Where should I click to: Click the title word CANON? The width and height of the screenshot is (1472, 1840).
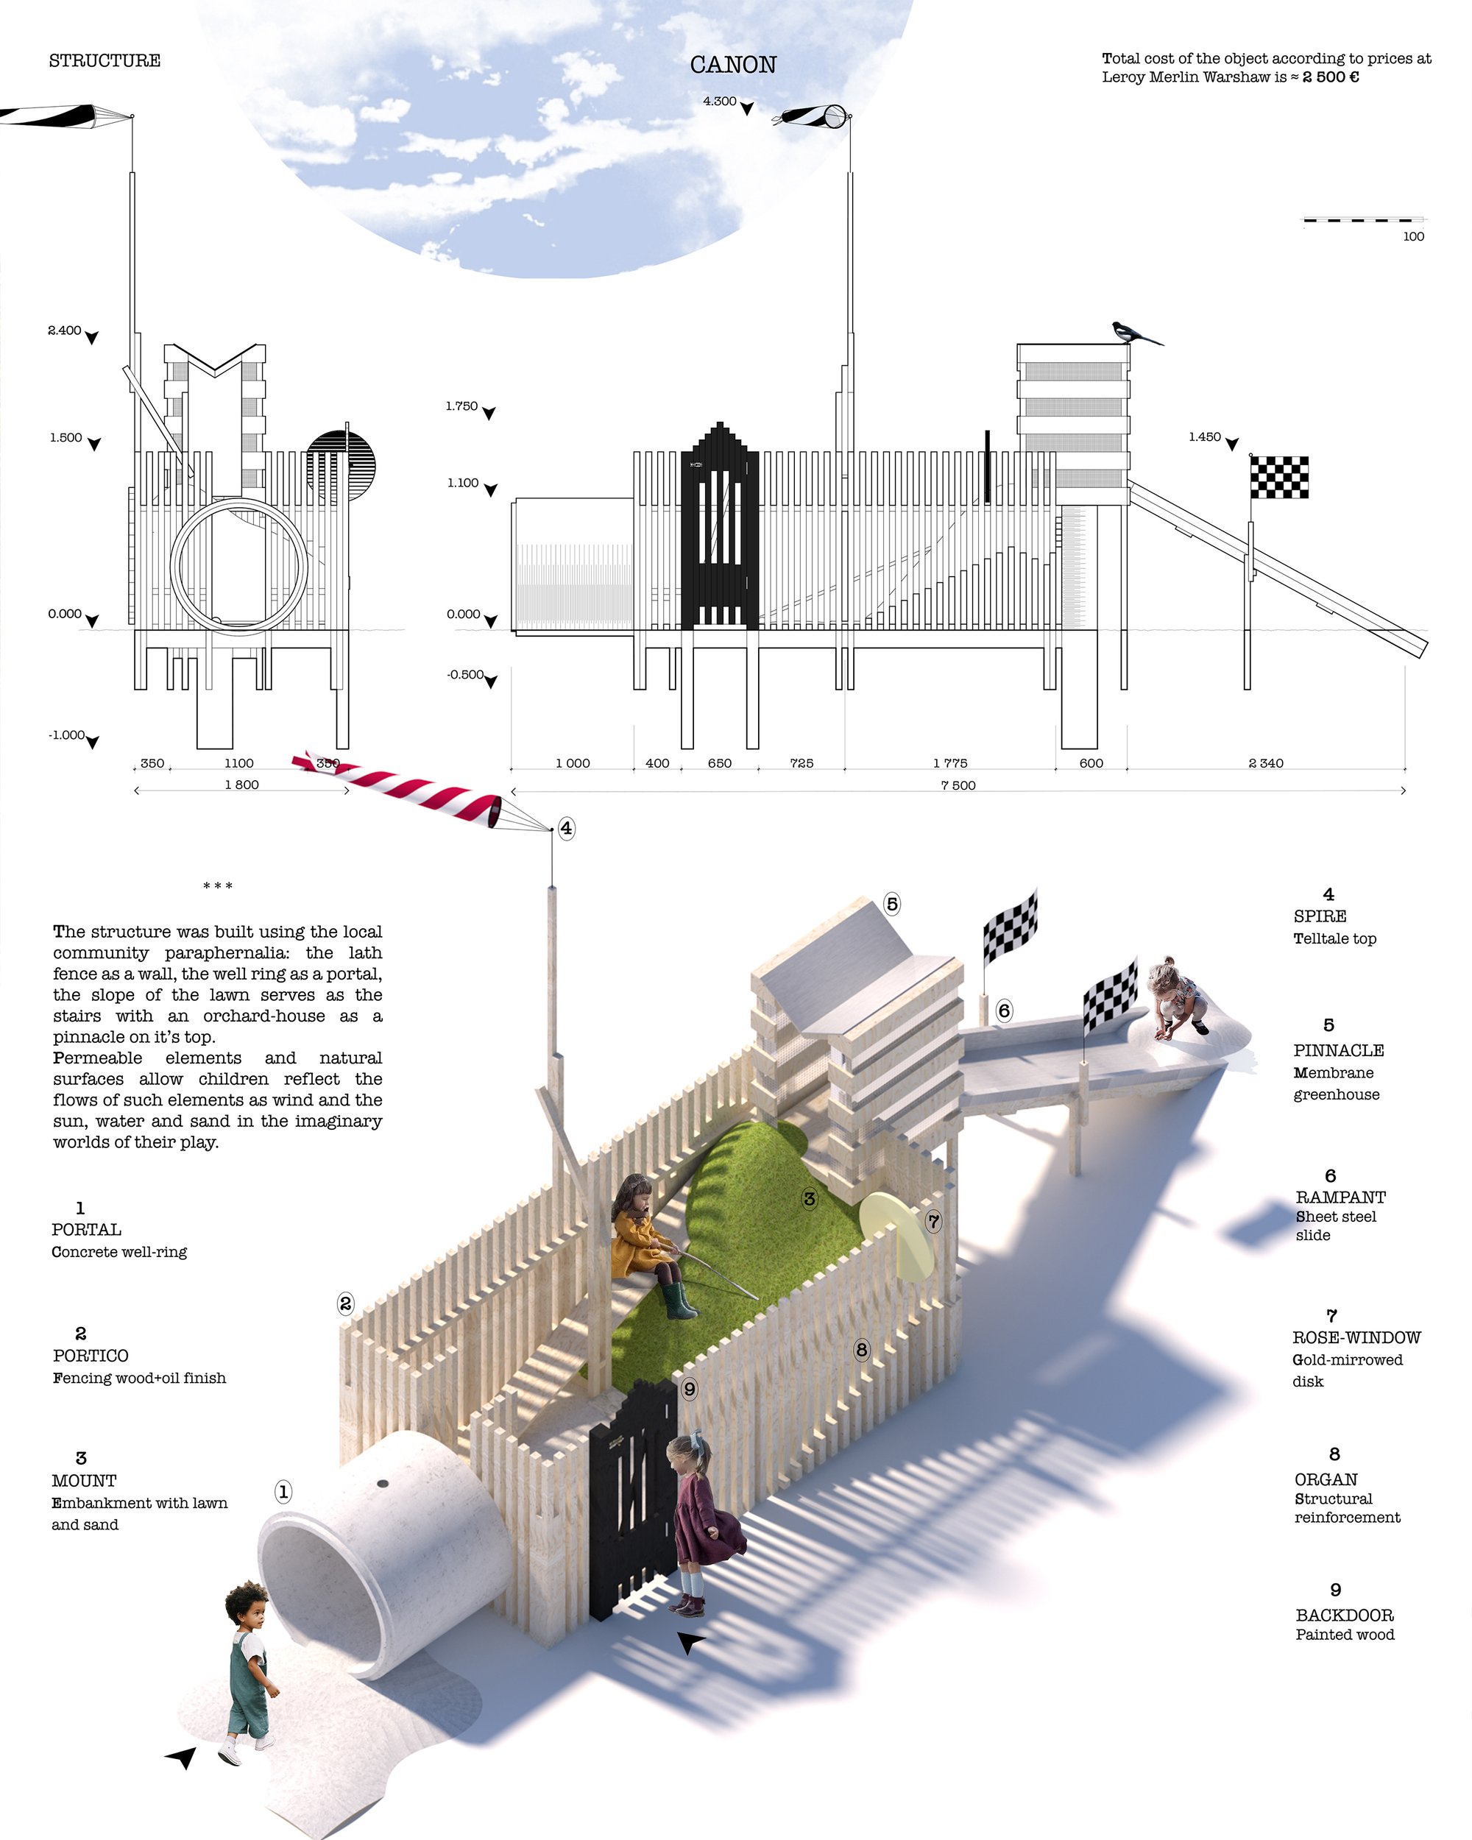pyautogui.click(x=733, y=65)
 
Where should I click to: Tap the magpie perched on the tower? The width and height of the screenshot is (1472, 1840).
pyautogui.click(x=1136, y=333)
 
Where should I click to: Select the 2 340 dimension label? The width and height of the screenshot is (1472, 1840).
pyautogui.click(x=1265, y=763)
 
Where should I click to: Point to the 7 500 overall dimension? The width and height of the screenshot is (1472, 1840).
pyautogui.click(x=958, y=785)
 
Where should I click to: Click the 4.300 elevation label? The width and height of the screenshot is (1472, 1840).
pyautogui.click(x=719, y=101)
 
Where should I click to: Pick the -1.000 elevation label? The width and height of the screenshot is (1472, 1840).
pyautogui.click(x=66, y=735)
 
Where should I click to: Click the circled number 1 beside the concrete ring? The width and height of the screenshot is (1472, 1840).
pyautogui.click(x=283, y=1492)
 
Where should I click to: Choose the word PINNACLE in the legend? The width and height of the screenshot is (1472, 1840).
pyautogui.click(x=1338, y=1050)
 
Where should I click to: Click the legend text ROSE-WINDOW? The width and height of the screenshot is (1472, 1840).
pyautogui.click(x=1356, y=1337)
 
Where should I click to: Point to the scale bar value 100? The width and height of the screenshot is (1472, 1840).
pyautogui.click(x=1413, y=236)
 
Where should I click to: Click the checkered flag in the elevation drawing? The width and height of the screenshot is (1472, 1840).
pyautogui.click(x=1279, y=477)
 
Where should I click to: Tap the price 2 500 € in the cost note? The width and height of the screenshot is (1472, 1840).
pyautogui.click(x=1331, y=77)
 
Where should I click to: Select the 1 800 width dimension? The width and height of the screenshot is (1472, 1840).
pyautogui.click(x=241, y=785)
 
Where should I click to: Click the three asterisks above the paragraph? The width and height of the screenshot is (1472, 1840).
pyautogui.click(x=218, y=886)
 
